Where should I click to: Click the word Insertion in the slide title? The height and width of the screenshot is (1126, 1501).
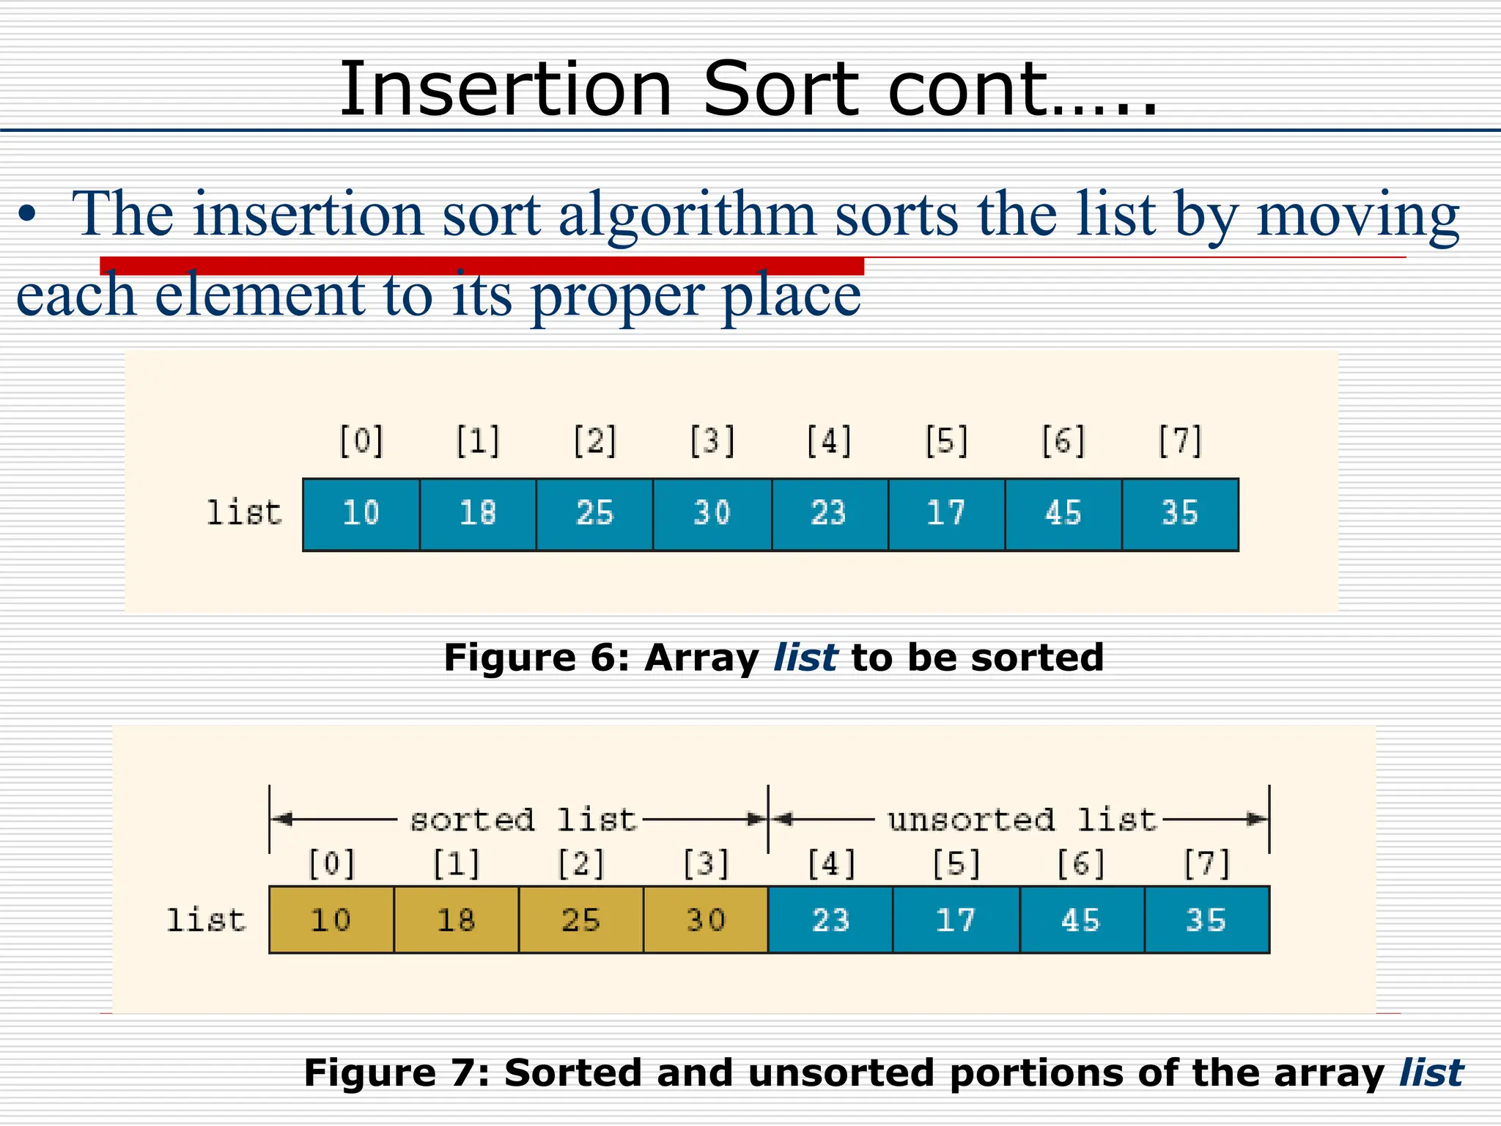505,89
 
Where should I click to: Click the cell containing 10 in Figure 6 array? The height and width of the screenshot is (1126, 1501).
361,514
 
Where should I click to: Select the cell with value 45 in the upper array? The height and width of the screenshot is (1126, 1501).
1063,514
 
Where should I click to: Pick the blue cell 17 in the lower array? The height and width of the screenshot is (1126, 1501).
956,920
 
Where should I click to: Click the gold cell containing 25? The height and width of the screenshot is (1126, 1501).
580,920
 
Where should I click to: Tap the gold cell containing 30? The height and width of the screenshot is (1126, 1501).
705,920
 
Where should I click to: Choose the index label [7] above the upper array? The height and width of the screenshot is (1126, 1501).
1180,441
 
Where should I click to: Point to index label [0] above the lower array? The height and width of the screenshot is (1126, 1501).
331,864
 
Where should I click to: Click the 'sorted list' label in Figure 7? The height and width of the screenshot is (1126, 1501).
523,820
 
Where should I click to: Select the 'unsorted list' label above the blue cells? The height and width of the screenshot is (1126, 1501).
1022,820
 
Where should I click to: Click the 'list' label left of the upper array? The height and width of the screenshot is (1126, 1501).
243,512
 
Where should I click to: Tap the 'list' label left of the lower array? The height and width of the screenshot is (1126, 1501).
206,920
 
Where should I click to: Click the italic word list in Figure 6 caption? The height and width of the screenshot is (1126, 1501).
805,658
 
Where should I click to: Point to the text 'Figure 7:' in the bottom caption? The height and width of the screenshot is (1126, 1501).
397,1073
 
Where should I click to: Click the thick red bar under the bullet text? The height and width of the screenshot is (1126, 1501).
482,265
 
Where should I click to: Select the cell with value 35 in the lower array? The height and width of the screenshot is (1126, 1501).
1206,920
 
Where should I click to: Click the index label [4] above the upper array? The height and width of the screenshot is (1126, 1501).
829,441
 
